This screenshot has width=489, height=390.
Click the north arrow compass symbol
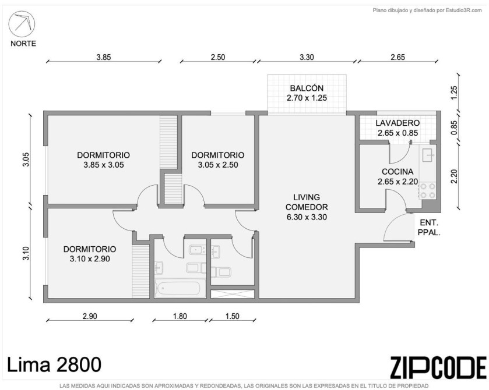22,24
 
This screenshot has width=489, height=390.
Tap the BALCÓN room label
307,88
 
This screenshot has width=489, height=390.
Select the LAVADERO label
397,123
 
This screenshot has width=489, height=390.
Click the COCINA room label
397,172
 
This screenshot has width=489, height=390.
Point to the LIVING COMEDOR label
307,202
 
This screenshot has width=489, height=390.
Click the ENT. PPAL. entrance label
429,228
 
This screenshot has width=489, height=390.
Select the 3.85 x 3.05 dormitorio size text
104,165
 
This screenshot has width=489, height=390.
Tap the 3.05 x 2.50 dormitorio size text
217,165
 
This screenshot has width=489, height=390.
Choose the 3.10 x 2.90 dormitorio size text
90,259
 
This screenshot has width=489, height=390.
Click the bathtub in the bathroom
180,288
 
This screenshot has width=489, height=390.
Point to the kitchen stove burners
428,191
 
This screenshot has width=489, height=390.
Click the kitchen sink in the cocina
428,155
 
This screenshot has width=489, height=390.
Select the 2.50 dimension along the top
217,57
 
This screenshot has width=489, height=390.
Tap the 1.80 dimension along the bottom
180,316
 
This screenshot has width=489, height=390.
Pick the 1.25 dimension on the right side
454,93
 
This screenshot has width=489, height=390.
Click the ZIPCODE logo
438,367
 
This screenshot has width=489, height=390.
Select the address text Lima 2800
54,364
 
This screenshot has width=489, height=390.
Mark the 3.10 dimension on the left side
26,254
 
